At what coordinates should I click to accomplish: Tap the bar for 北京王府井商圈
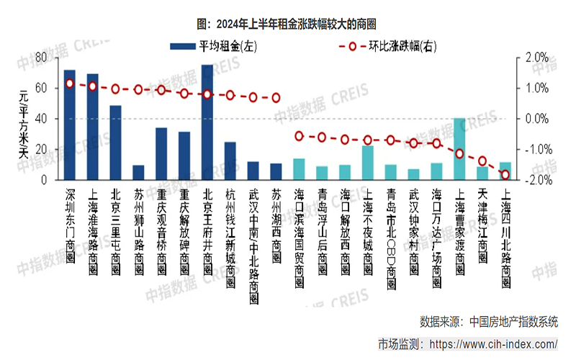(x=207, y=122)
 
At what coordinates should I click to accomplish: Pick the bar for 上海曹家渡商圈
(x=459, y=148)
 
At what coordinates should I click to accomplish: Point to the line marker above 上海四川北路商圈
(x=505, y=175)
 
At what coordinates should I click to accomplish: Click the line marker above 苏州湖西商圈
(x=276, y=98)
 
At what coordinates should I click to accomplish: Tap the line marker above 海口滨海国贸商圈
(x=299, y=135)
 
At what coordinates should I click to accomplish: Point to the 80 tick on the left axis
(x=41, y=57)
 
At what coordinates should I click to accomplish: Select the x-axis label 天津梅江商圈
(x=482, y=220)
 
